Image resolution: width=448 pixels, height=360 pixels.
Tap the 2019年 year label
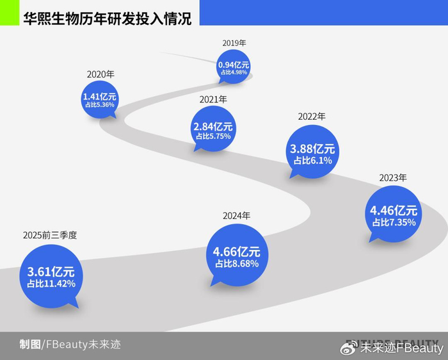[234, 43]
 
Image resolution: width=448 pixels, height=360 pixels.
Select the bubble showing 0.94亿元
[234, 67]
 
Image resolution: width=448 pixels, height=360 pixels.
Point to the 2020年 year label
[100, 74]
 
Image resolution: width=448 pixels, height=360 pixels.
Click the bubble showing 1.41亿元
[100, 99]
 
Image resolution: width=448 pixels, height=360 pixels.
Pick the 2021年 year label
[214, 100]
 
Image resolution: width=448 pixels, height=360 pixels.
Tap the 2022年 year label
[312, 117]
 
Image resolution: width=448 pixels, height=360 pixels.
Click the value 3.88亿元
[312, 149]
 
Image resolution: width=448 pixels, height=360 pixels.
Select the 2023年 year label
[393, 177]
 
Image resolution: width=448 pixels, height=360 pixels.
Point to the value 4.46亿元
[394, 209]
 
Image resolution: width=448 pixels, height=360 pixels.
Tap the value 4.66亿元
[237, 252]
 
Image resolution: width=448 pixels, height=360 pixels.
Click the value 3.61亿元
[51, 271]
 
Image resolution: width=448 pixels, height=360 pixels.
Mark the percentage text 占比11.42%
[51, 284]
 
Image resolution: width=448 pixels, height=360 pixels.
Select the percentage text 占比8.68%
[237, 264]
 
